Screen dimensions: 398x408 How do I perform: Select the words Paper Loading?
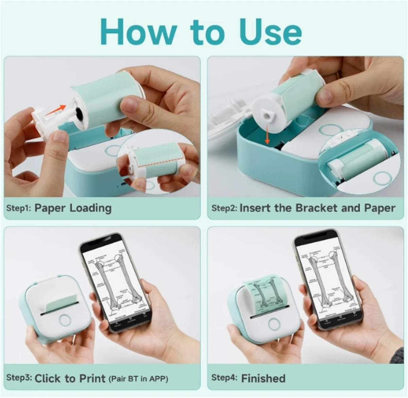click(73, 208)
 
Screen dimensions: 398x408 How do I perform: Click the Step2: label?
click(224, 208)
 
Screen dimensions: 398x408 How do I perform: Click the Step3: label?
click(19, 378)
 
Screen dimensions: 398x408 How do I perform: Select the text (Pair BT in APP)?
click(138, 378)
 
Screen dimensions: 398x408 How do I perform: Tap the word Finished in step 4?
click(263, 378)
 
